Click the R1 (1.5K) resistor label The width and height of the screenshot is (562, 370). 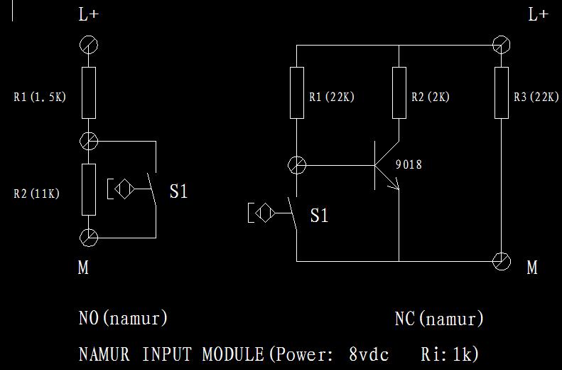tap(40, 97)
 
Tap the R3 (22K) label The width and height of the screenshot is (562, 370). tap(536, 97)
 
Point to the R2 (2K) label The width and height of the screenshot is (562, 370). tap(431, 97)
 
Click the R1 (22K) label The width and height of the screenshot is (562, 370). tap(332, 97)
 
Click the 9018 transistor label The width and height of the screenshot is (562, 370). tap(409, 164)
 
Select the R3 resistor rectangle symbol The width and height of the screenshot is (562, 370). tap(502, 92)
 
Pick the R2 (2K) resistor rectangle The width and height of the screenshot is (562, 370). tap(399, 92)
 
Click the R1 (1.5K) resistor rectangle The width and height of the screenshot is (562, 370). tap(88, 92)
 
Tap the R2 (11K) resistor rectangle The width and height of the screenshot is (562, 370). tap(88, 189)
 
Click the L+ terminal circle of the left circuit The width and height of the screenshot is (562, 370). tap(88, 45)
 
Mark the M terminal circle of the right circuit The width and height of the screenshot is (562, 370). tap(502, 260)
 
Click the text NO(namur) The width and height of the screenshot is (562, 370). tap(123, 317)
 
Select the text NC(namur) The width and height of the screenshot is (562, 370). tap(439, 319)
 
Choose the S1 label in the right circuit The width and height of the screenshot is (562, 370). tap(320, 215)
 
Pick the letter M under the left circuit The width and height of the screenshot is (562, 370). tap(83, 268)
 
